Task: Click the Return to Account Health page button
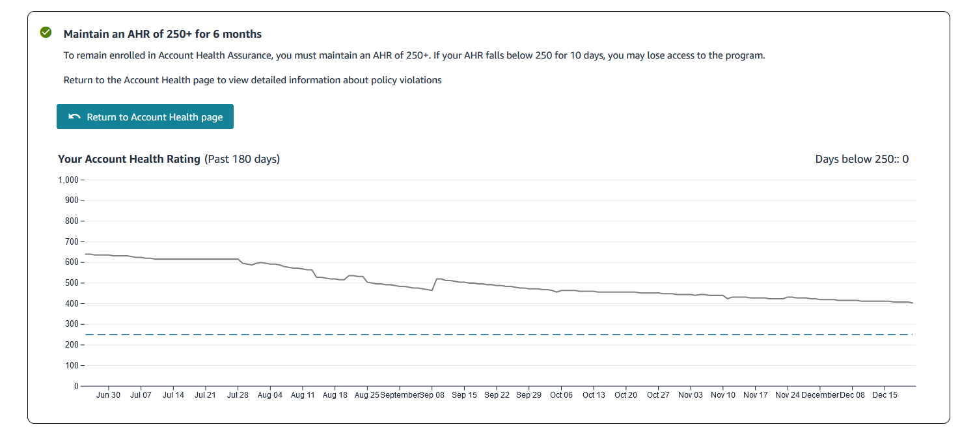click(144, 117)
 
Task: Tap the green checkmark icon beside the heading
click(46, 33)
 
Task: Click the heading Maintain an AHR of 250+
click(163, 34)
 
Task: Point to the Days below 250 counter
click(862, 159)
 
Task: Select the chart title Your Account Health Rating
click(129, 159)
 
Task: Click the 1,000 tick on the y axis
click(68, 180)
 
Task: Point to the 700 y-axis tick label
click(71, 241)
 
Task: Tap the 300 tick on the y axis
click(71, 324)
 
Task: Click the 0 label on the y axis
click(76, 386)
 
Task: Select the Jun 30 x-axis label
click(108, 395)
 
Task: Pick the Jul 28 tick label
click(238, 395)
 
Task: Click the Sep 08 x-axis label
click(432, 395)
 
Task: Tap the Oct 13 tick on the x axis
click(594, 395)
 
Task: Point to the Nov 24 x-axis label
click(788, 395)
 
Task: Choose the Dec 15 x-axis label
click(885, 395)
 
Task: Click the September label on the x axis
click(400, 395)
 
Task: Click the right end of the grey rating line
click(912, 303)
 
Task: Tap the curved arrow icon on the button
click(74, 117)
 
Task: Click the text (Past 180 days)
click(242, 159)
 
